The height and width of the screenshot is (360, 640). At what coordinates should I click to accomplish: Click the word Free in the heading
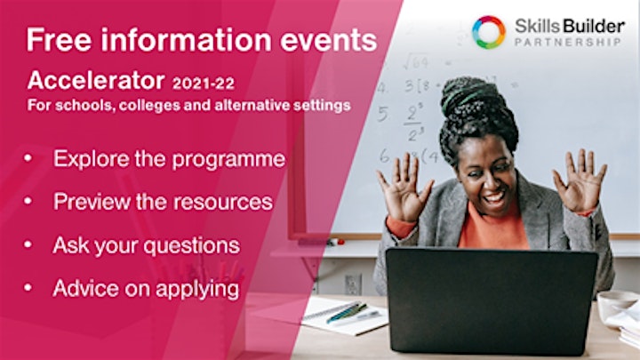(60, 40)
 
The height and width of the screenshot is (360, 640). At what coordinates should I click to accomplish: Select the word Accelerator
(96, 80)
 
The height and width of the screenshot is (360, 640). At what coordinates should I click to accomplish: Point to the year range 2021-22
(204, 84)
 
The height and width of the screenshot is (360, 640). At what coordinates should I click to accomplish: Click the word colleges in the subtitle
(149, 105)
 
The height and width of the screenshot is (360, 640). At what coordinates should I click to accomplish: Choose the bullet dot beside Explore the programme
(28, 157)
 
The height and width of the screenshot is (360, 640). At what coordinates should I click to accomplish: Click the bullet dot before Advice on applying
(28, 287)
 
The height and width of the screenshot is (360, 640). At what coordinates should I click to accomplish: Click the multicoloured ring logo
(489, 32)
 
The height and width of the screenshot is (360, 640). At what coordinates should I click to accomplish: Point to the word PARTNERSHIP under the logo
(568, 42)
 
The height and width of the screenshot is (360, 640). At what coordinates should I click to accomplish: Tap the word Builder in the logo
(595, 26)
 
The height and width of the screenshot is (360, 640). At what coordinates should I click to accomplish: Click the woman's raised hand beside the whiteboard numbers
(403, 187)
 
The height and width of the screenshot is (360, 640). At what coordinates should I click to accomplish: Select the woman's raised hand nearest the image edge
(580, 180)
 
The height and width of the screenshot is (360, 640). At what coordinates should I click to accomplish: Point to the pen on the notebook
(346, 312)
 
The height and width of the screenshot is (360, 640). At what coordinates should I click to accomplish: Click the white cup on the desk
(615, 304)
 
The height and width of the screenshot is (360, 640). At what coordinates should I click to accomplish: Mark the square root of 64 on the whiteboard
(416, 62)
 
